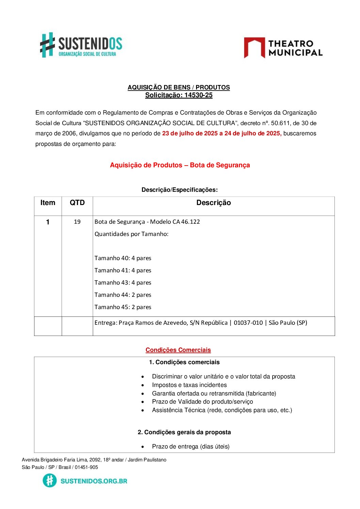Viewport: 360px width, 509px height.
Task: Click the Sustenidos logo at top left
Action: click(81, 45)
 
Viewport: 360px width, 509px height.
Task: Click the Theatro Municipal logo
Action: click(283, 48)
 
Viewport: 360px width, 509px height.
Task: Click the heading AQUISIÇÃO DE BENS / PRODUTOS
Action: click(179, 87)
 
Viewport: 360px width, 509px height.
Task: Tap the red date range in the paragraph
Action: click(222, 133)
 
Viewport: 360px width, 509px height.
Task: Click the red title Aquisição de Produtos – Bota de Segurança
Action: click(180, 165)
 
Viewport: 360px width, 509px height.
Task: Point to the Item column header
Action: click(48, 203)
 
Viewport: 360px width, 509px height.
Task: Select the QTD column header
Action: click(77, 203)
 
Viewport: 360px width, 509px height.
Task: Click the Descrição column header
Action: click(213, 203)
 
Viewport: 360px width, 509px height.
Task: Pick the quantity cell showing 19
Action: click(77, 222)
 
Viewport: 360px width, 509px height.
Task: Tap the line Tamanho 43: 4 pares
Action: click(123, 283)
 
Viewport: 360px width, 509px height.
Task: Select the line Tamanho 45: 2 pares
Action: click(123, 307)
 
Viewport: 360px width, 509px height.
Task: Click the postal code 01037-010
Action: click(248, 323)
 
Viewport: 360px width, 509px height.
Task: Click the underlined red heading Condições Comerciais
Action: click(178, 350)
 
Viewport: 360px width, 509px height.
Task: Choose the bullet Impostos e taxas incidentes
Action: click(189, 385)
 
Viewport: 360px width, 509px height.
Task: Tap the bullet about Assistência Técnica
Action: click(222, 410)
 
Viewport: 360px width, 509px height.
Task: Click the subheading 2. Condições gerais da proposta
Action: click(184, 432)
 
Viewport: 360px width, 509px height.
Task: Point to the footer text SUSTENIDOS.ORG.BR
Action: click(94, 481)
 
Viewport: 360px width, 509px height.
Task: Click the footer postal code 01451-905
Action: click(86, 467)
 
